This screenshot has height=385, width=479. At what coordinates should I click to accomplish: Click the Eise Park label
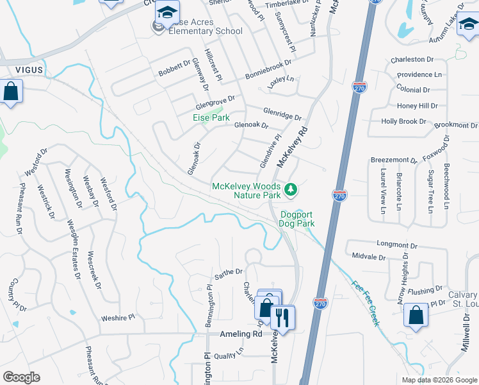click(211, 118)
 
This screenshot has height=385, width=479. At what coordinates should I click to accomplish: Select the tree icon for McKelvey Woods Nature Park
click(291, 189)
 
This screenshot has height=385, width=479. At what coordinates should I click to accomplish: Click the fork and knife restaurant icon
click(282, 316)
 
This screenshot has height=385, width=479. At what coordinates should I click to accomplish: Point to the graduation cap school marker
click(167, 13)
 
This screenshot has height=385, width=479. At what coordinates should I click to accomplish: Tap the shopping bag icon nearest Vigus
click(12, 92)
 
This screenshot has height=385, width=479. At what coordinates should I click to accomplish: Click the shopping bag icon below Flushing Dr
click(416, 316)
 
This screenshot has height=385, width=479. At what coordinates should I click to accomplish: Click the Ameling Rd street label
click(241, 334)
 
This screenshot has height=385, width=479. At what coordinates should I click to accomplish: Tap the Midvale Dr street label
click(369, 257)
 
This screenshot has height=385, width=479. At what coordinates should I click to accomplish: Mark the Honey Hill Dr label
click(417, 106)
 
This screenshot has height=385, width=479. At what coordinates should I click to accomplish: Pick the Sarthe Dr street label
click(229, 272)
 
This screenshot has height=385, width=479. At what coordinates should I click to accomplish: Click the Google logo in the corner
click(21, 377)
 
